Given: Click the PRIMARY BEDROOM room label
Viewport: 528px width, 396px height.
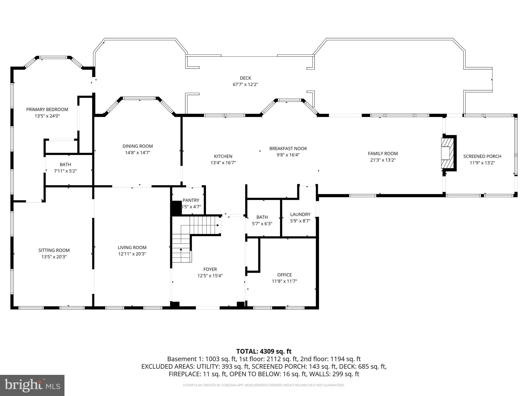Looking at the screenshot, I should coord(47,110).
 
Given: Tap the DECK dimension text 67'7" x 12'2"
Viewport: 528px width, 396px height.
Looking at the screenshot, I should coord(245,85).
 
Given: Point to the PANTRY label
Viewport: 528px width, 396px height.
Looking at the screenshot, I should coord(191,200).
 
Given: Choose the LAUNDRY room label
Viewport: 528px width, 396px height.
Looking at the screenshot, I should coord(300,214).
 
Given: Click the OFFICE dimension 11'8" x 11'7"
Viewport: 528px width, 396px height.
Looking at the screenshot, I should coord(284,281).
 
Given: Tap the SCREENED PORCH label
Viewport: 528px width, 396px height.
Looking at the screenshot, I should coord(482,156).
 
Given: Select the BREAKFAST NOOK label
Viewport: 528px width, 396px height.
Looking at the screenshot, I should coord(288,148).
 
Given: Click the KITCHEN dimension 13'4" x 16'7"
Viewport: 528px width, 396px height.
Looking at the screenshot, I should coord(223,163).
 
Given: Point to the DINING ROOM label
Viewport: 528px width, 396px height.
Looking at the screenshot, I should coord(137,146).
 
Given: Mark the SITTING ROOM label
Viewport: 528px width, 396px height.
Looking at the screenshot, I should coord(54,250).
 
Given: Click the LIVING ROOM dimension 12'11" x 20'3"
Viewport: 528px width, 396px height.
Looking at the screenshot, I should coord(132,254).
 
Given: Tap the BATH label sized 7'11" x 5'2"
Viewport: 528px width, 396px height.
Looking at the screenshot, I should coord(65,164).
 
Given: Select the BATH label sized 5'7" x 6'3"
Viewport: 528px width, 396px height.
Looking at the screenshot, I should coord(262,217).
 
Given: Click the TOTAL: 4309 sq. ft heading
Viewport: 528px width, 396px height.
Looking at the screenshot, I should coord(264,351).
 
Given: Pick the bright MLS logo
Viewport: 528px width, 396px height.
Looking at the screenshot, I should coord(32,385).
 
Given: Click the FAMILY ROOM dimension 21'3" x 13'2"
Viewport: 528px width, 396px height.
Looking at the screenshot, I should coord(383,160).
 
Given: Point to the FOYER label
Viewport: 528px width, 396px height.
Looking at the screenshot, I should coord(210,269).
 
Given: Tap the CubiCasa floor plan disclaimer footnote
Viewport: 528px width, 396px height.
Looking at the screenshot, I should coord(264,385).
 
